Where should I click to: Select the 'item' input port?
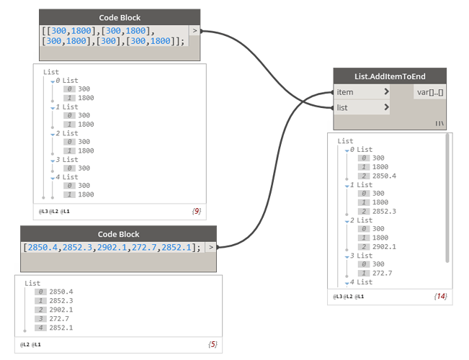tap(346, 92)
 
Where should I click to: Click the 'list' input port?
tap(343, 107)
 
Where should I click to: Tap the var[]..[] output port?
tap(430, 92)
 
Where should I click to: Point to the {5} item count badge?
tap(212, 344)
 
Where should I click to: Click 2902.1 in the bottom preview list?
tap(61, 310)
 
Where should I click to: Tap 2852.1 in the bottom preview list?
tap(61, 328)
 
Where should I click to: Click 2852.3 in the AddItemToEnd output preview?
tap(385, 212)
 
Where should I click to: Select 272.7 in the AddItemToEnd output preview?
tap(383, 273)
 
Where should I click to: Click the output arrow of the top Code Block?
tap(195, 31)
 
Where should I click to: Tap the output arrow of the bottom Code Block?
tap(210, 247)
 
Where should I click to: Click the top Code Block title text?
tap(120, 17)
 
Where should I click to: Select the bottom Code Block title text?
tap(118, 234)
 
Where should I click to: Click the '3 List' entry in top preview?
tap(67, 159)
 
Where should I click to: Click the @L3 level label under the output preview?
tap(338, 296)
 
